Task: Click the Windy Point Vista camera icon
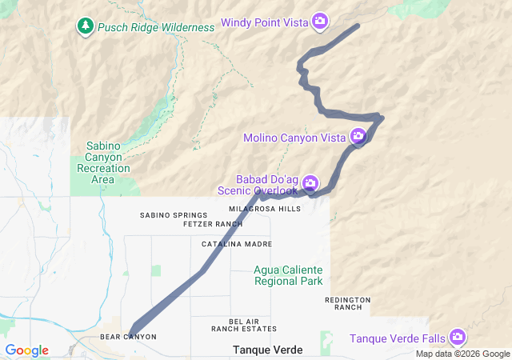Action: click(x=320, y=22)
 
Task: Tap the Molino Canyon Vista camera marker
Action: click(x=358, y=137)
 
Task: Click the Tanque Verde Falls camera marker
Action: click(x=458, y=338)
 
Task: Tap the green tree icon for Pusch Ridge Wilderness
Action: click(x=86, y=26)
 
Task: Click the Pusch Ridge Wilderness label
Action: click(x=156, y=27)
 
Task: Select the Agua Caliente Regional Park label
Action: click(x=288, y=275)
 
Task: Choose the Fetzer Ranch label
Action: click(x=190, y=224)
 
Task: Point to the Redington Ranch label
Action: click(x=348, y=303)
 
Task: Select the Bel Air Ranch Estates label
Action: click(x=244, y=325)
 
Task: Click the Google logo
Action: click(x=26, y=350)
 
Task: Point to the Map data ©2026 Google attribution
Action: click(x=462, y=354)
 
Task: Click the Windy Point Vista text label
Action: click(x=265, y=22)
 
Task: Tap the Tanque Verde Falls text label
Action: click(x=398, y=338)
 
